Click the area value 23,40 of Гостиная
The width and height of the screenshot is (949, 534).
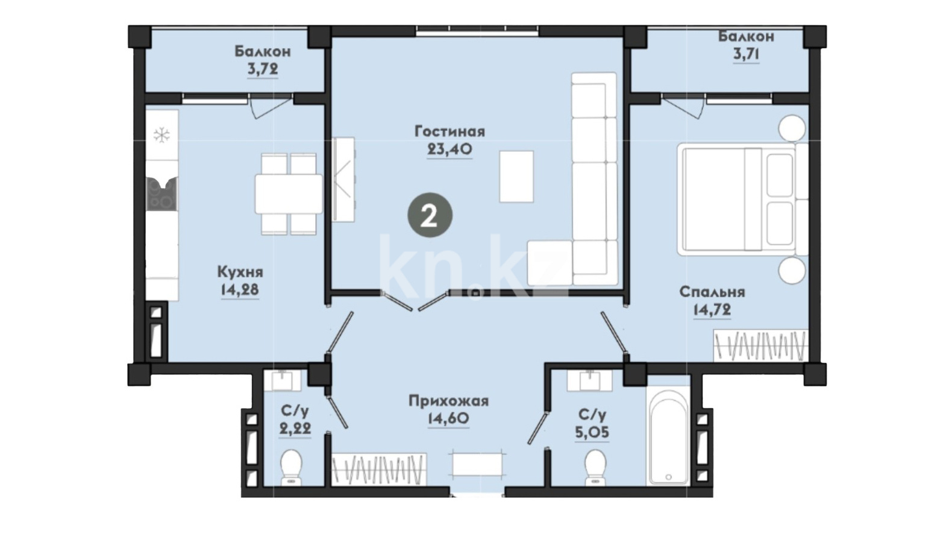(449, 149)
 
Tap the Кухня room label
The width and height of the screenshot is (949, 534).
(240, 272)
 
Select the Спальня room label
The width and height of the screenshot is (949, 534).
(712, 292)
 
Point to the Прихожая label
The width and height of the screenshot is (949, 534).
(448, 401)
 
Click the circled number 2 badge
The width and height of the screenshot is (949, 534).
(430, 215)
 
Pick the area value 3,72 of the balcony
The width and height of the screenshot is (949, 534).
(263, 69)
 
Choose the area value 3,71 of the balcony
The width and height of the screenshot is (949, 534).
(746, 54)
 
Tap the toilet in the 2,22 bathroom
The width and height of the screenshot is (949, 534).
(291, 467)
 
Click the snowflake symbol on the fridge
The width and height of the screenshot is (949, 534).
(161, 135)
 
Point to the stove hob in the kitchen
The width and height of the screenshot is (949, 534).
(161, 193)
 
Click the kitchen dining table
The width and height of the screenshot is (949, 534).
(289, 194)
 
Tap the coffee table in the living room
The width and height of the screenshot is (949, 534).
(516, 177)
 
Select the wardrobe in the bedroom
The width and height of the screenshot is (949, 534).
(761, 346)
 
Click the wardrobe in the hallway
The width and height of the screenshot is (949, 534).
(379, 469)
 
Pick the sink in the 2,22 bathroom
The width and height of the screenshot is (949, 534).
(282, 380)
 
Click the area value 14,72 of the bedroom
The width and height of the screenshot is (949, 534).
(712, 310)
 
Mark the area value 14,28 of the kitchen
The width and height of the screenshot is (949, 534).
(239, 291)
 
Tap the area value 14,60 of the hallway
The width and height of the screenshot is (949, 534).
(448, 419)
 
